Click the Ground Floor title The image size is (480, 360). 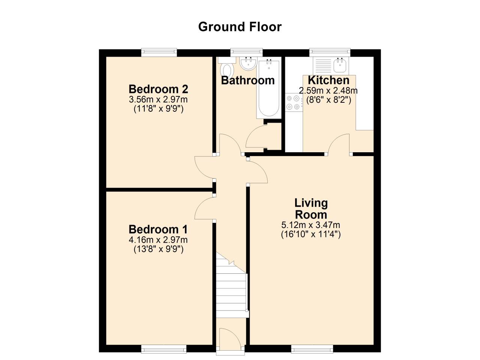coord(240,27)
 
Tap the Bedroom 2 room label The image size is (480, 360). coord(158,89)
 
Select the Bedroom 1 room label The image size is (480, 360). coord(158,229)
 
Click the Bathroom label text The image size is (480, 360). coord(248,80)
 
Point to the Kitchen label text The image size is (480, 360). coord(328,80)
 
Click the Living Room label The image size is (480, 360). coord(311,209)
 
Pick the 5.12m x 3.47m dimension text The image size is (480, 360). coord(311,225)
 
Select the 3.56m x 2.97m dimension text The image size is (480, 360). coord(158,100)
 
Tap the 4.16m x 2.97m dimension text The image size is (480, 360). coord(158,240)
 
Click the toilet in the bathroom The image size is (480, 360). coord(226,69)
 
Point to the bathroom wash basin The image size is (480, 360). coord(247,64)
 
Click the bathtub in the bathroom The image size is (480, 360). coord(268,88)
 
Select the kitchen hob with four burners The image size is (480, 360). coord(294,103)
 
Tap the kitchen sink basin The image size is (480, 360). coord(340,66)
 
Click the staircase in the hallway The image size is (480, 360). coord(231,285)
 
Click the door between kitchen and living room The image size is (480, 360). coord(340,145)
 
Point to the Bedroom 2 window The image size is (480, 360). coord(159,52)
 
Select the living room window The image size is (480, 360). coord(312,349)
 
